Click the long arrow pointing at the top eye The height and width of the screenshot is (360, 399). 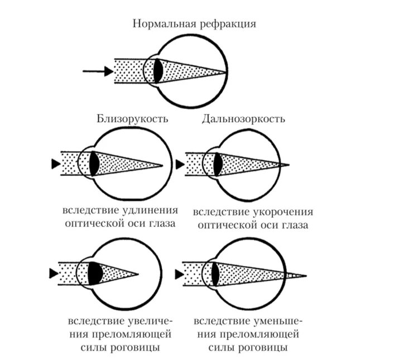[98, 71]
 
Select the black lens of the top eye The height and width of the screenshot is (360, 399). [158, 71]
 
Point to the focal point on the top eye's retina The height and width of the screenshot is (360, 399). [225, 72]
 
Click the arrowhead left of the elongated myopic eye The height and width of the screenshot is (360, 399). [54, 164]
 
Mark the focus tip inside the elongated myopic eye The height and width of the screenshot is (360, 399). [161, 165]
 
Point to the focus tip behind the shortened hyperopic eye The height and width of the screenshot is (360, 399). [289, 165]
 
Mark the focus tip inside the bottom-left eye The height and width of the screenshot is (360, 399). [137, 274]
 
